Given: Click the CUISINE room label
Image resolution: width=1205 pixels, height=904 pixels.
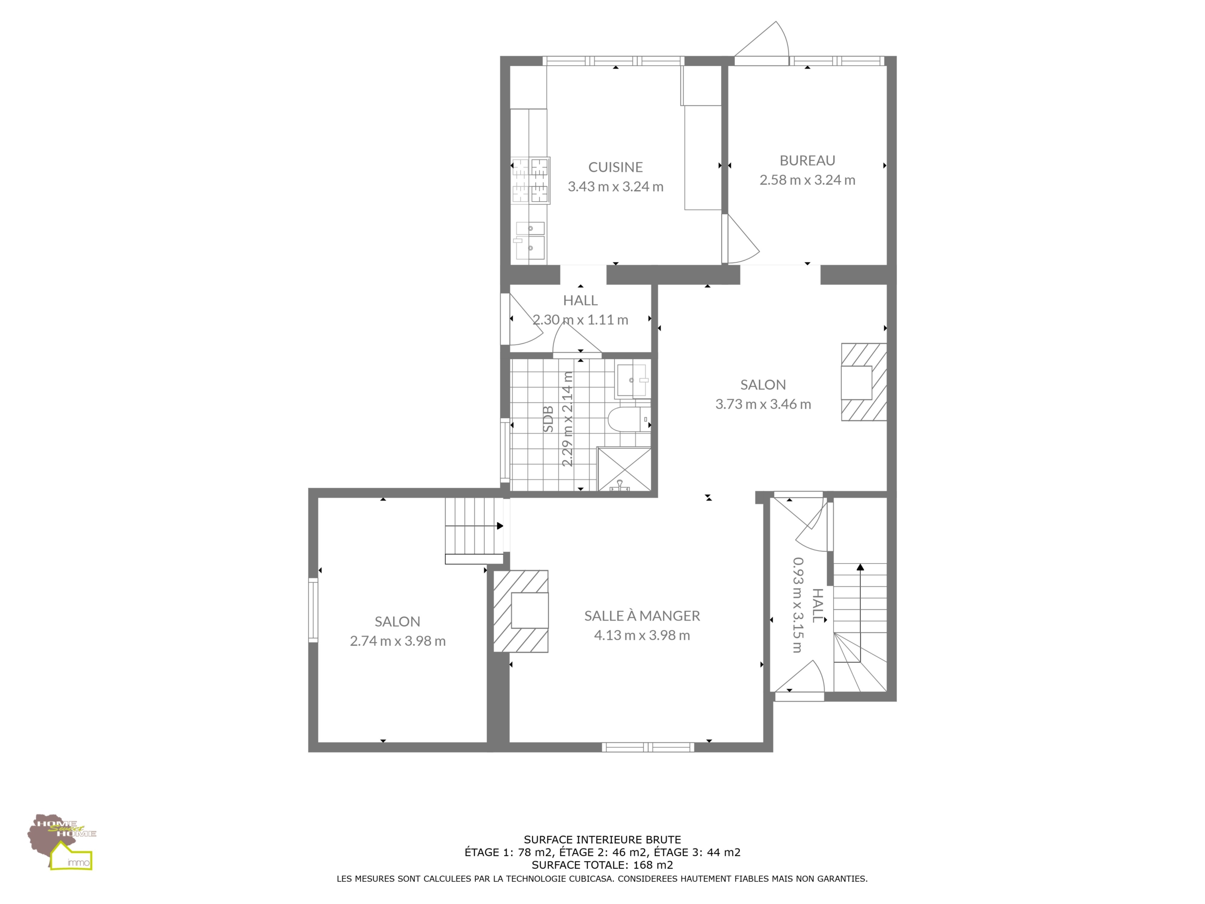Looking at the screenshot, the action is (615, 167).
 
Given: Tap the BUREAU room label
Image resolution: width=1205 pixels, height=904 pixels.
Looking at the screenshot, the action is (807, 160).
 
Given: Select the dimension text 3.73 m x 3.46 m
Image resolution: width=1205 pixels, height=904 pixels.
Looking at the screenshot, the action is (763, 404).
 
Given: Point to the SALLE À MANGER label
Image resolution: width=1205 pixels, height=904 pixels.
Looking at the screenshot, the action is (642, 616).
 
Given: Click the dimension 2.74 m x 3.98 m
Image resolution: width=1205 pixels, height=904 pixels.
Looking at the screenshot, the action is (398, 641).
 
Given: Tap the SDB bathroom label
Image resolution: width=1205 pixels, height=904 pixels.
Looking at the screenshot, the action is (548, 419).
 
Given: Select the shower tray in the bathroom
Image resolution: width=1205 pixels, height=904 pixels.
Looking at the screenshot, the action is (624, 469).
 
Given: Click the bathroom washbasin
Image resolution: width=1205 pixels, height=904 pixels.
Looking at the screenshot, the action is (632, 380).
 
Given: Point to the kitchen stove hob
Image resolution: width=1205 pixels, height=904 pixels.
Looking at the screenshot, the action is (530, 180).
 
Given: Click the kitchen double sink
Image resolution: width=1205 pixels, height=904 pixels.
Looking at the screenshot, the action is (529, 240).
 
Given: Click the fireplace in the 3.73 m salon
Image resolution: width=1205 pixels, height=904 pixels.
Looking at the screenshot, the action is (864, 381).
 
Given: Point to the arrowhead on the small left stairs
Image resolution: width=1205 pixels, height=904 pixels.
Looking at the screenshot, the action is (500, 526).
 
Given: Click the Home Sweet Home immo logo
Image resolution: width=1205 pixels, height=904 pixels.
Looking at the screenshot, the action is (62, 842).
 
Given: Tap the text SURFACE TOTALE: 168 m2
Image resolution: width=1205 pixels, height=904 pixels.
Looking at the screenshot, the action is (602, 865).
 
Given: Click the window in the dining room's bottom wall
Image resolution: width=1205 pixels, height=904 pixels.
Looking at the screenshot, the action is (648, 747).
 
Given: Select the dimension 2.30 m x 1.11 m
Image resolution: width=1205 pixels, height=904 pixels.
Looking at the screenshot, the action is (580, 320).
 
